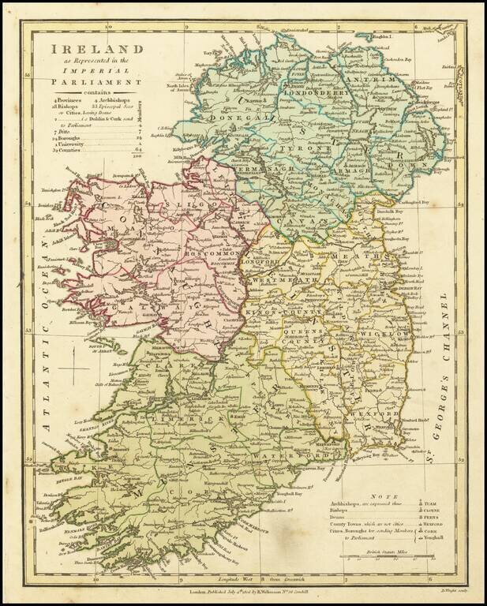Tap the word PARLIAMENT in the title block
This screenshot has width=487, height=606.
[97, 80]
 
